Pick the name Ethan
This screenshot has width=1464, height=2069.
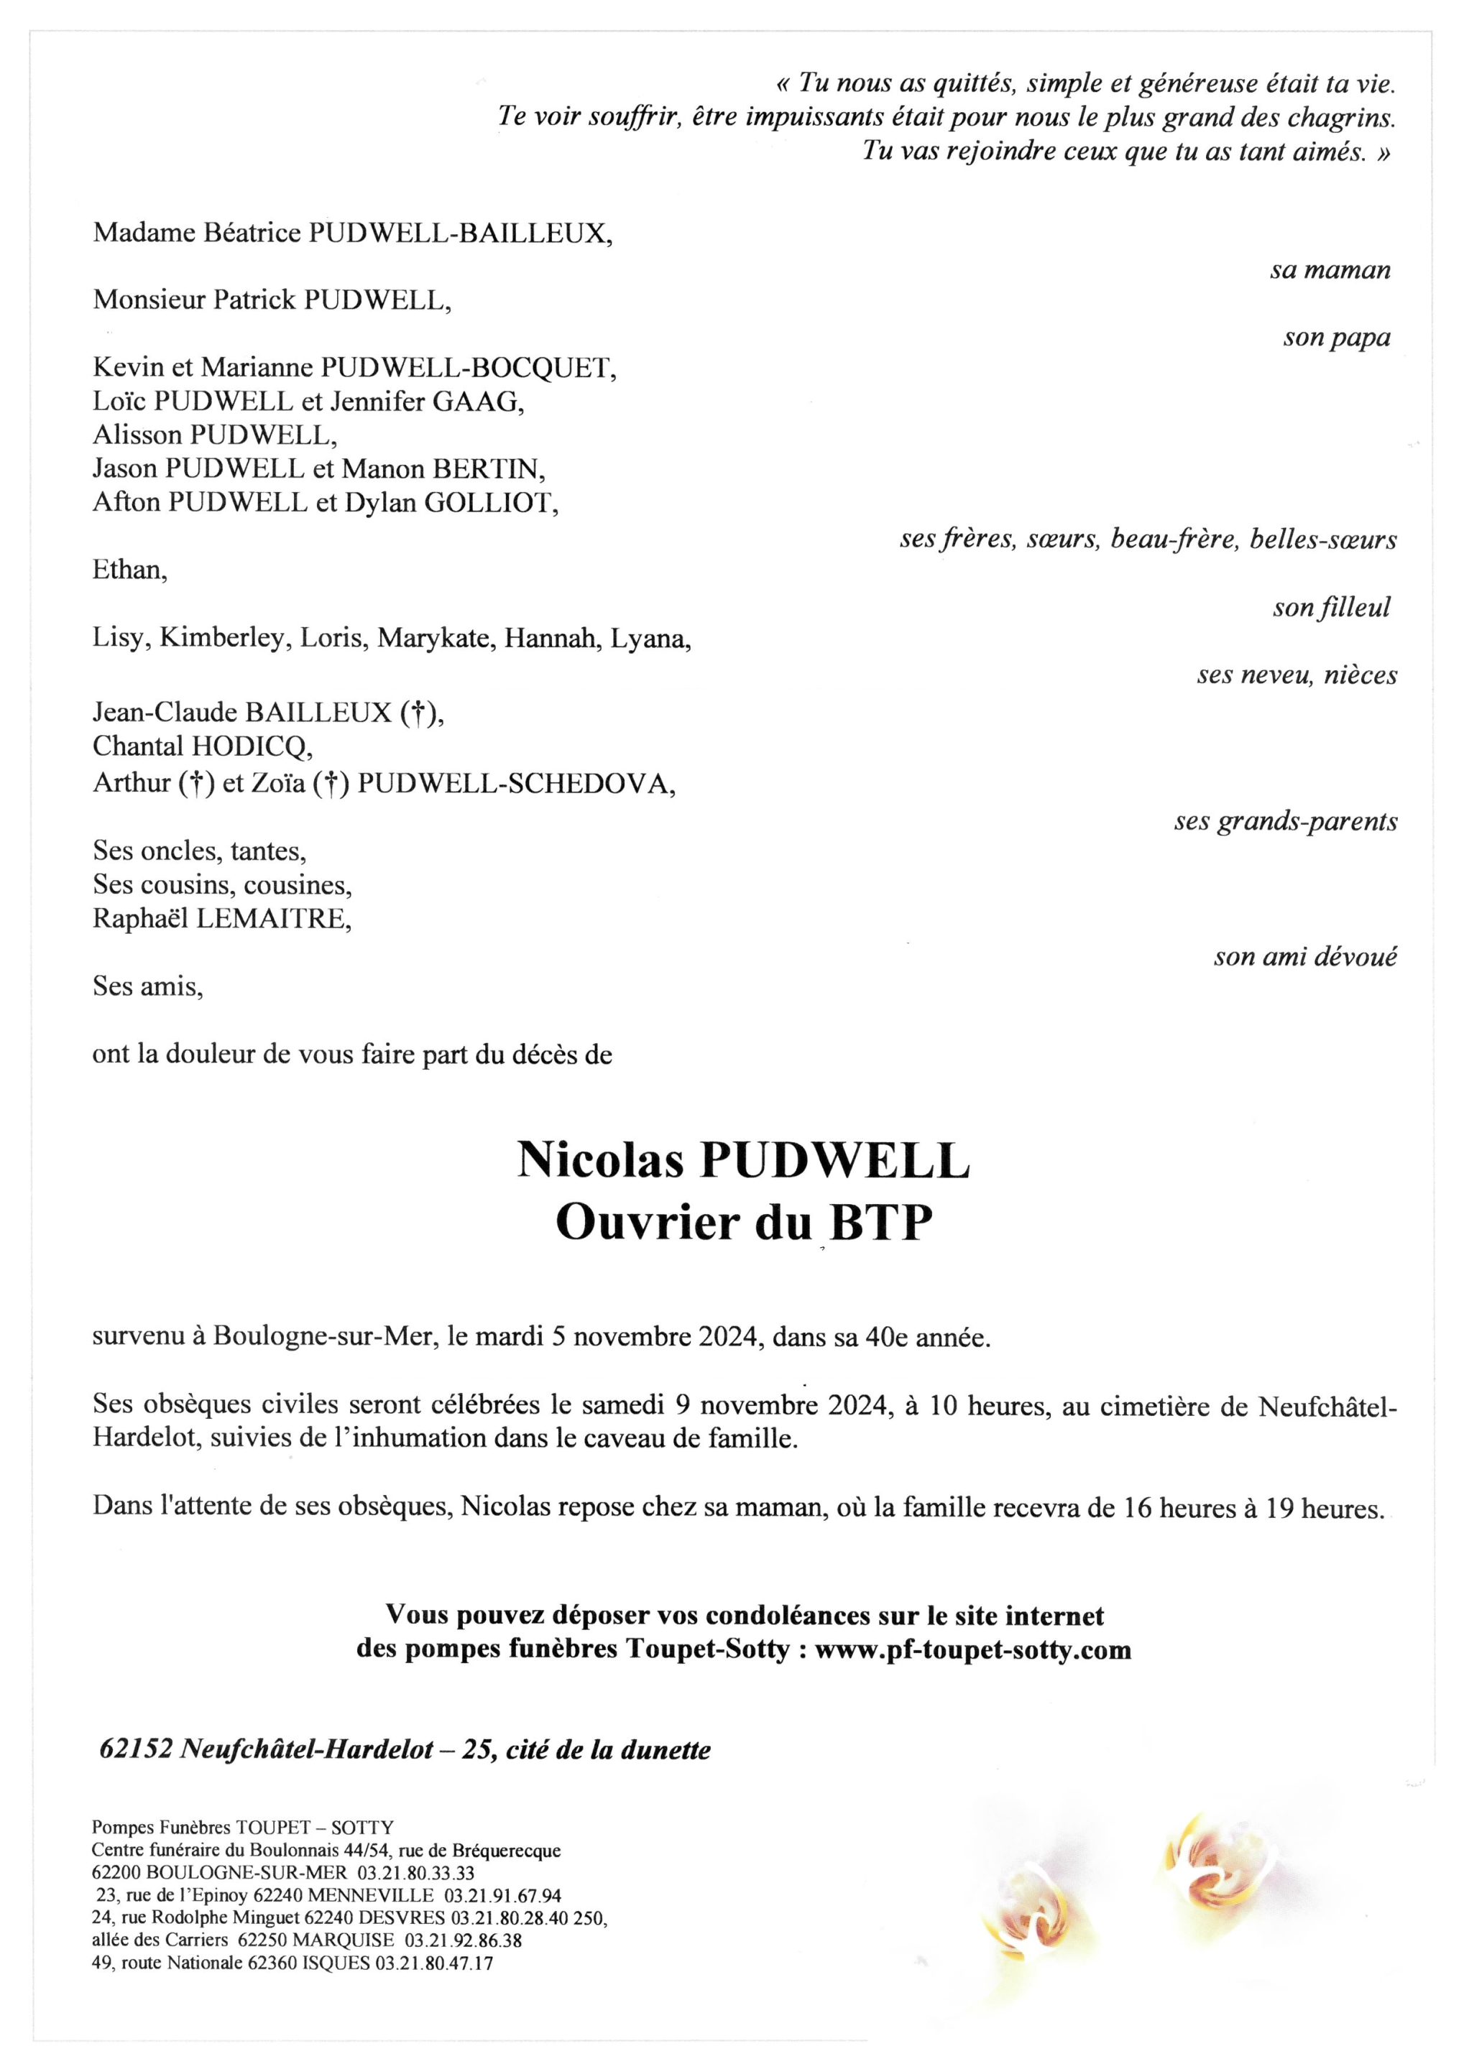[x=129, y=570]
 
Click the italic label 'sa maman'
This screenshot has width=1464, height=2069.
[x=1330, y=269]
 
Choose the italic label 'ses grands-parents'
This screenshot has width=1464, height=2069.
[x=1286, y=822]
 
